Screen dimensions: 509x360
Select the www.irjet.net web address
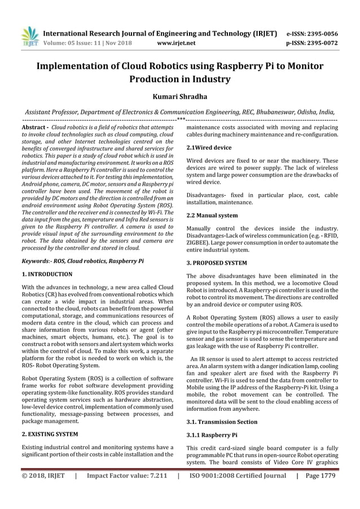[177, 42]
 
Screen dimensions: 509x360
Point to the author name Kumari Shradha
[179, 97]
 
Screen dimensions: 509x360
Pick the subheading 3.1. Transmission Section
[222, 422]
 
